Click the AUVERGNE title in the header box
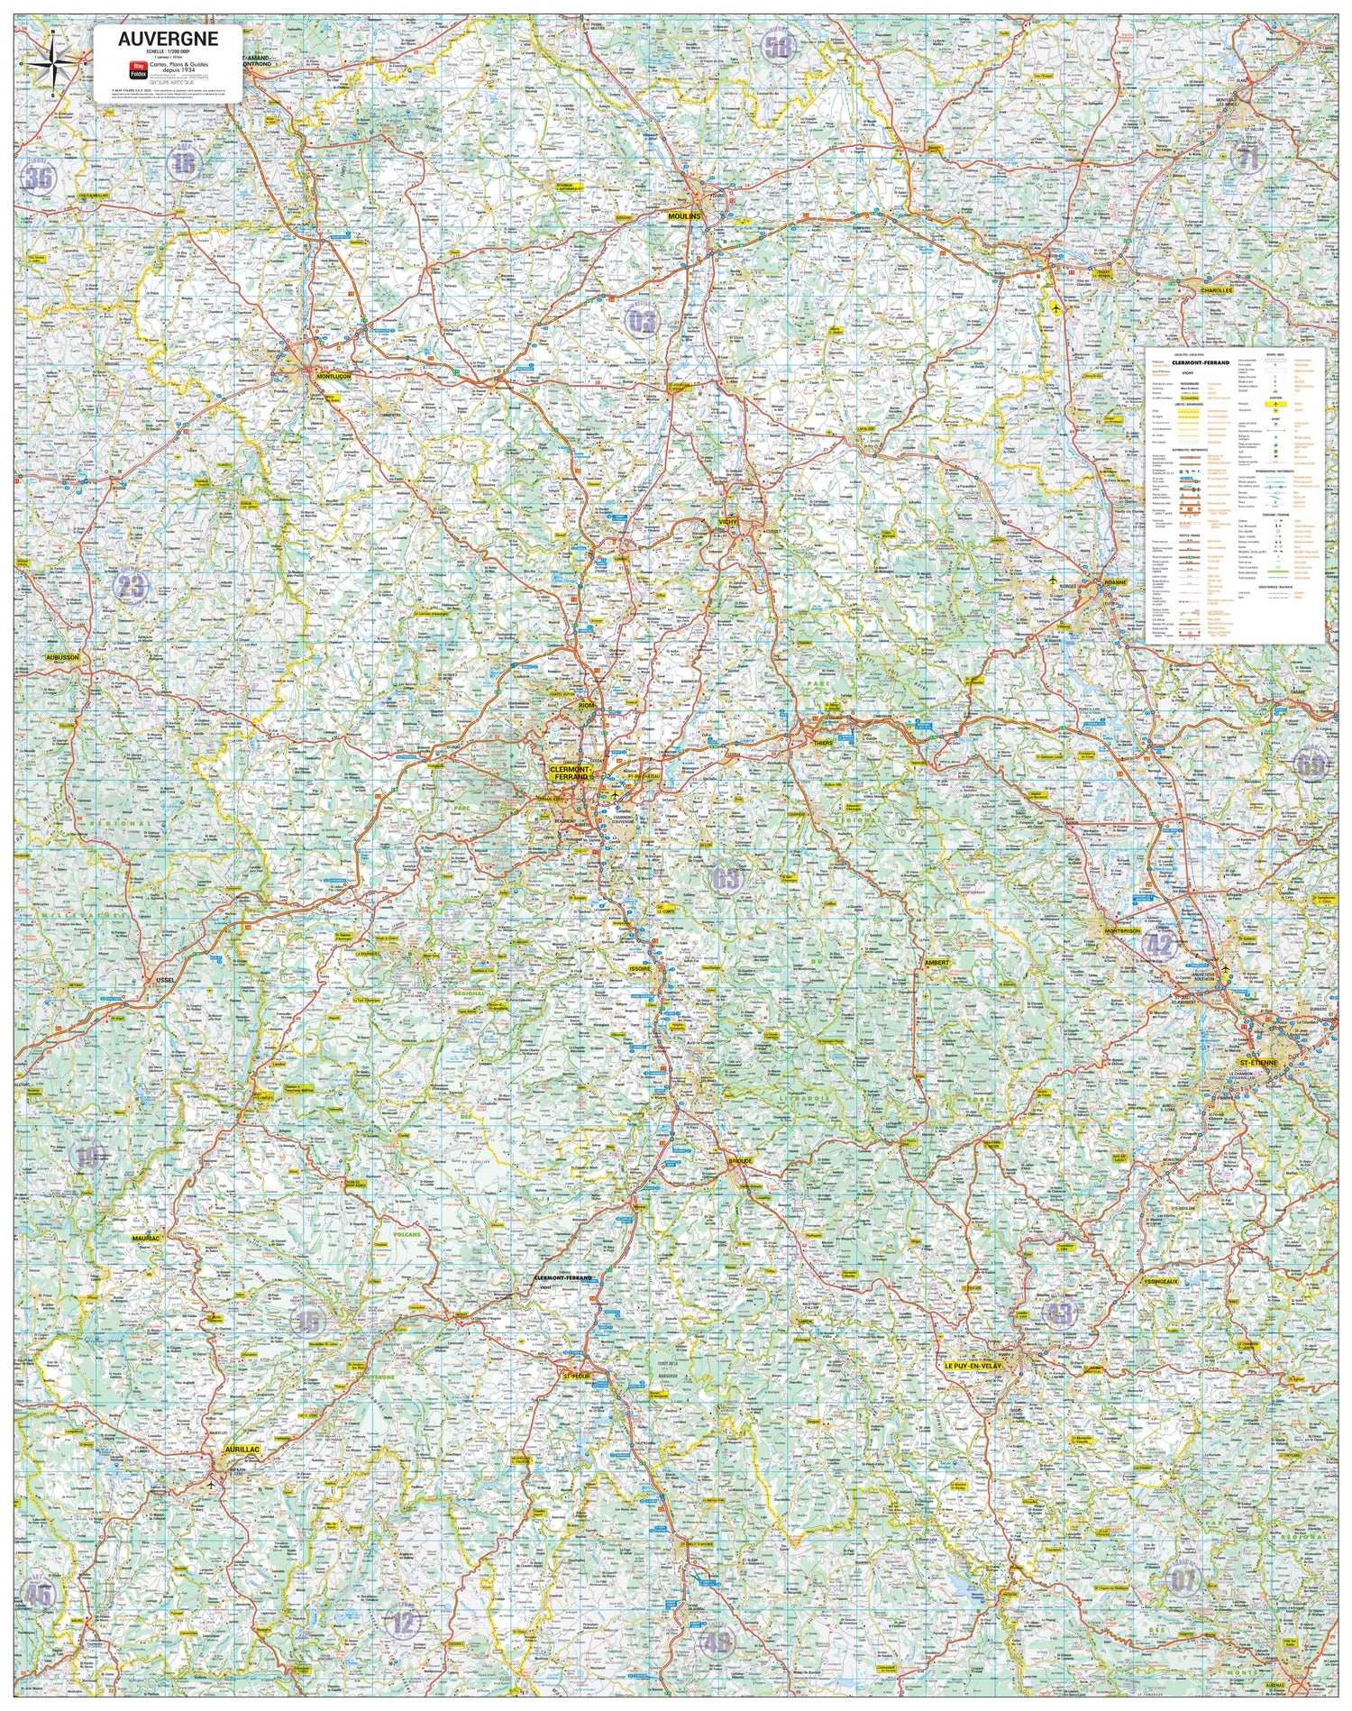pyautogui.click(x=168, y=39)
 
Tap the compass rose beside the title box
pyautogui.click(x=53, y=63)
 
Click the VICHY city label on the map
pyautogui.click(x=728, y=522)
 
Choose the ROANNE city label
pyautogui.click(x=1116, y=583)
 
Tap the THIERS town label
pyautogui.click(x=823, y=742)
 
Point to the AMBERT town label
pyautogui.click(x=936, y=963)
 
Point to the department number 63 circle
pyautogui.click(x=726, y=878)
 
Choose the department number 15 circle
pyautogui.click(x=308, y=1322)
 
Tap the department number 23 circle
pyautogui.click(x=131, y=588)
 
